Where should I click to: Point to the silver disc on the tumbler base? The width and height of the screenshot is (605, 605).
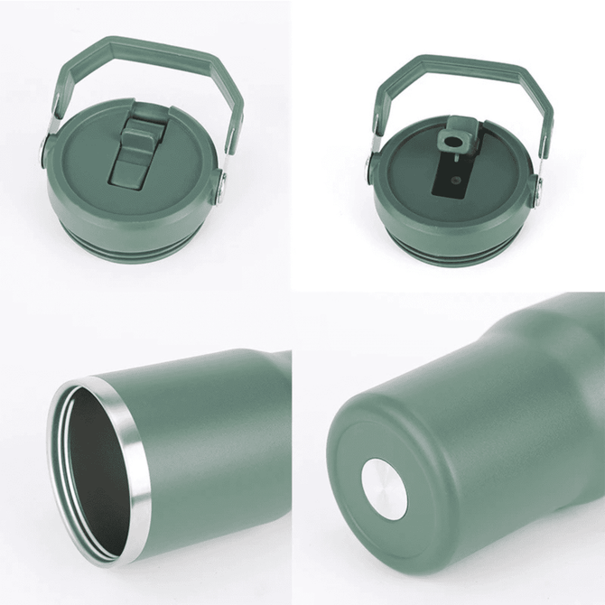[383, 487]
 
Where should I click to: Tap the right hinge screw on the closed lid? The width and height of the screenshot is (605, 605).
[219, 188]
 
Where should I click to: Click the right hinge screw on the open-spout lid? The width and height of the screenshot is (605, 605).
[537, 187]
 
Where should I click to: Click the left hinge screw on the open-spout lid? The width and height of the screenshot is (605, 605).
[372, 166]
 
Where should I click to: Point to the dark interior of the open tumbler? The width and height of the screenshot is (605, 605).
[90, 470]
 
